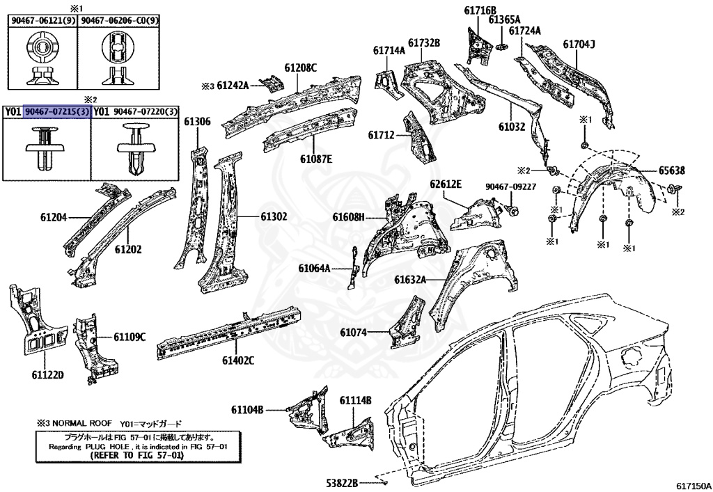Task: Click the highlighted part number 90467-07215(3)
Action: tap(57, 111)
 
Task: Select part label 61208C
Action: tap(300, 68)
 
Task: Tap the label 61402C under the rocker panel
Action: tap(238, 360)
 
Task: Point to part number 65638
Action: tap(672, 170)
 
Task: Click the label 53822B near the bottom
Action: tap(343, 482)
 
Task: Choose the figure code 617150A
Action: tap(691, 482)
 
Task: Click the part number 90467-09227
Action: tap(510, 187)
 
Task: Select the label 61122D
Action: tap(47, 375)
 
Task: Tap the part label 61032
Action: tap(512, 128)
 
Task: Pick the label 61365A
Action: tap(504, 19)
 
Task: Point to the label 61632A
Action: tap(409, 280)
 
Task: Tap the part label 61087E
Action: tap(316, 159)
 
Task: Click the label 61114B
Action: tap(355, 400)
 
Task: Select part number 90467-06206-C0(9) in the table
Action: tap(120, 22)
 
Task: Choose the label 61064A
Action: tap(314, 268)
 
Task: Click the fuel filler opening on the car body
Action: tap(631, 358)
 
